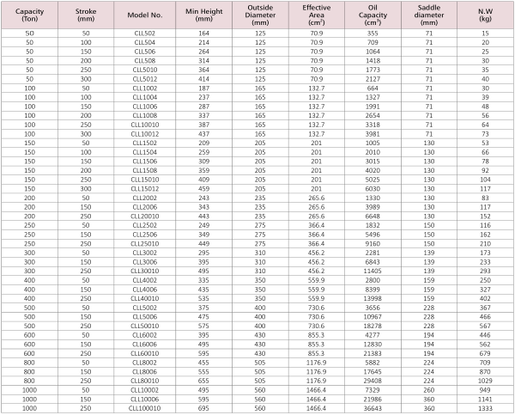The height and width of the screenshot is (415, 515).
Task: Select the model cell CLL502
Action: click(x=144, y=34)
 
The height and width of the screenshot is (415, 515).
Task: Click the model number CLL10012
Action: click(x=144, y=133)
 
